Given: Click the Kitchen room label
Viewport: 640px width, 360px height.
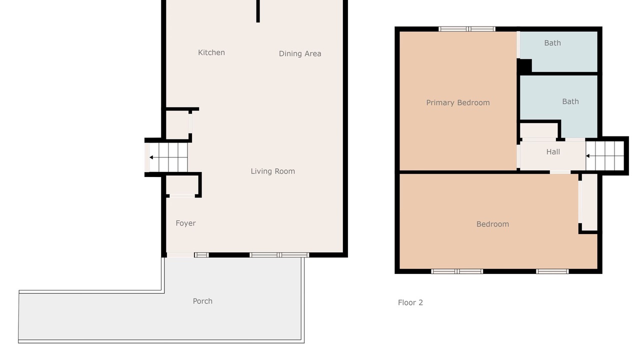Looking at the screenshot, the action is click(211, 52).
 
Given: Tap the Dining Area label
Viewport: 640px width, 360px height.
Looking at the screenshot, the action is click(300, 53).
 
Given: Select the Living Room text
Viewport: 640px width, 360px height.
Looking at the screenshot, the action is click(273, 171).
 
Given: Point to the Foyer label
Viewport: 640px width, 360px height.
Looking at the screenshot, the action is click(185, 223).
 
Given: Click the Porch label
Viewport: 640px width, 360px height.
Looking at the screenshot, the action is click(202, 301).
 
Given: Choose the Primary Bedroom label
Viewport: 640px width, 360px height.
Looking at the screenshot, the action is click(458, 103).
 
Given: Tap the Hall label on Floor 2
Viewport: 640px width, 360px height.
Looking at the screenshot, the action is click(553, 152).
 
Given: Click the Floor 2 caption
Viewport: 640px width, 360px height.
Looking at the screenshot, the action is click(410, 302).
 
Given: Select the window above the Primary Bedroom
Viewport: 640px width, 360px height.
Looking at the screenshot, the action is click(467, 29).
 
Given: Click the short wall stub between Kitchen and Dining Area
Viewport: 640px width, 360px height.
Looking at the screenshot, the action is click(258, 11).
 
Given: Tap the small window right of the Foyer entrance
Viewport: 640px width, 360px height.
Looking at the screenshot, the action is click(201, 255).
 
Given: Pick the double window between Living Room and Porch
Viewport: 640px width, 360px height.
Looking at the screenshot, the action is click(279, 255).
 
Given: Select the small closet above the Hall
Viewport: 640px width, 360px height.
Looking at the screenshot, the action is click(539, 131).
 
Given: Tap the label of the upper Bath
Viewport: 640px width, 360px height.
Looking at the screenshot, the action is click(552, 43).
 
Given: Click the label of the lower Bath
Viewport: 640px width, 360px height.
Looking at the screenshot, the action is click(570, 101).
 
